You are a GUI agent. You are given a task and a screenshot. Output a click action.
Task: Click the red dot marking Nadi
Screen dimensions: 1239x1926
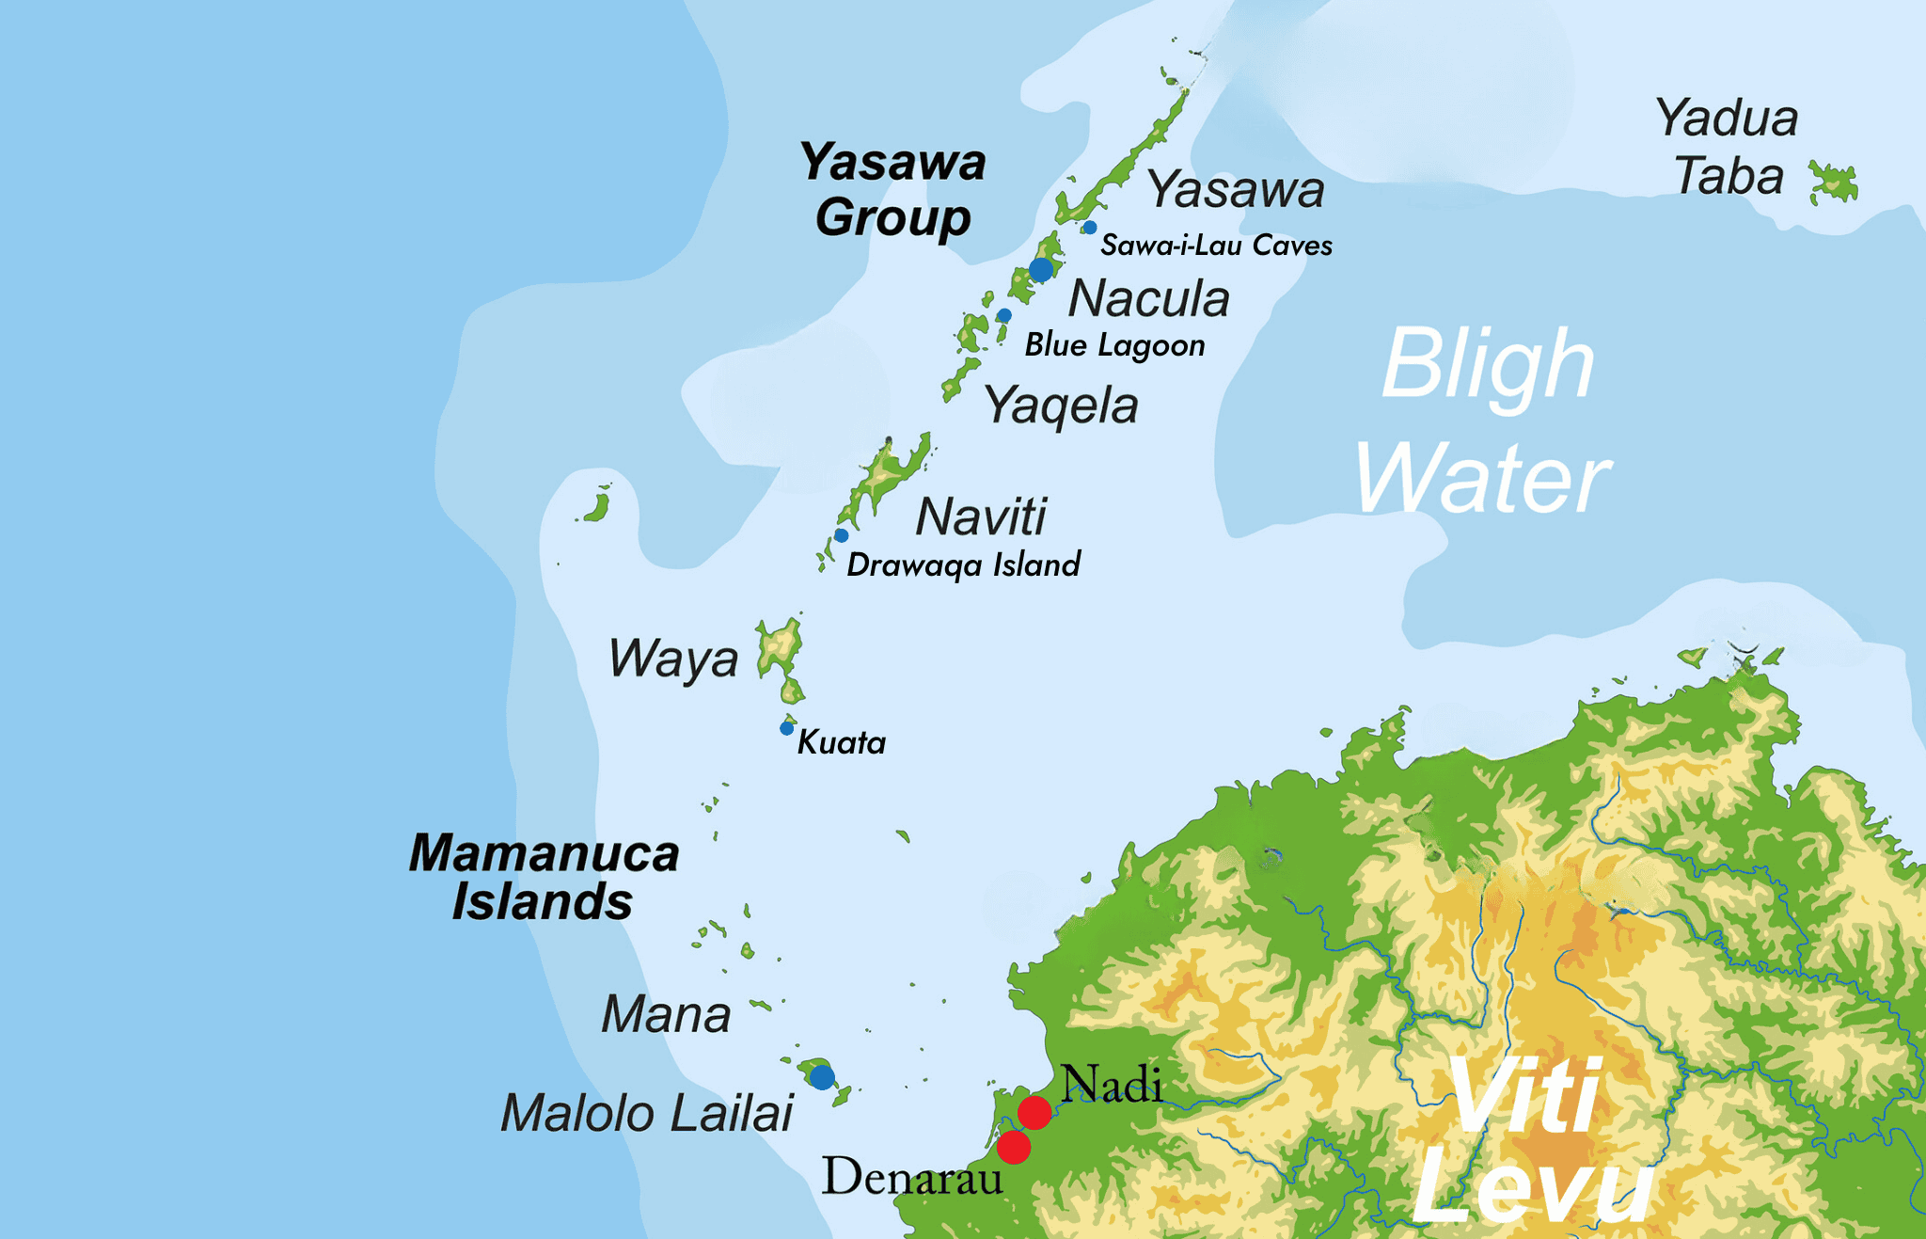(x=1034, y=1113)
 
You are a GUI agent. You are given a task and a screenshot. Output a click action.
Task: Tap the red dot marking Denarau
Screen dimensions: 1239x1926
(x=1013, y=1148)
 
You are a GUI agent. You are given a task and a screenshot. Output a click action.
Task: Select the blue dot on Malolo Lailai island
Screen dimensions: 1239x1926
(x=822, y=1076)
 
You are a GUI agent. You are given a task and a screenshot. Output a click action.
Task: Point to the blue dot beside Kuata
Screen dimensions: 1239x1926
(x=787, y=728)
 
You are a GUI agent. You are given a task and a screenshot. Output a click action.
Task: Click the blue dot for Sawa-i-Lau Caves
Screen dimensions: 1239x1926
(x=1089, y=228)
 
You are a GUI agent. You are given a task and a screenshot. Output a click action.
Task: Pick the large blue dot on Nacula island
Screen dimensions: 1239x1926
(x=1041, y=270)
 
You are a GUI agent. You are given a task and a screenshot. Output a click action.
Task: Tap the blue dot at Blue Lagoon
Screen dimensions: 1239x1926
(x=1004, y=315)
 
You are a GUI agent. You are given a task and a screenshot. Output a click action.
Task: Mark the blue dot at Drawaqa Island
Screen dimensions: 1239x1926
(x=842, y=535)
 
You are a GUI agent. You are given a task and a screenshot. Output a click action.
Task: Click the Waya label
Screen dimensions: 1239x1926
(x=673, y=659)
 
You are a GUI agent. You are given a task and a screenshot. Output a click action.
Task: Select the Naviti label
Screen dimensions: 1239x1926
(x=981, y=516)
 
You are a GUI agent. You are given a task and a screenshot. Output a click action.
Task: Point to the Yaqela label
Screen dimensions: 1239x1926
(x=1061, y=406)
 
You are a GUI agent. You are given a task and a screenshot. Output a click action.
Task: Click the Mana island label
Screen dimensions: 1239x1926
(x=666, y=1014)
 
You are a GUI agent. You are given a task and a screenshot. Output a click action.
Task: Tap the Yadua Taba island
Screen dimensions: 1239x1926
(x=1835, y=183)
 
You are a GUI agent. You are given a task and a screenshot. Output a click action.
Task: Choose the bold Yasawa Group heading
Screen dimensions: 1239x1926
(x=892, y=189)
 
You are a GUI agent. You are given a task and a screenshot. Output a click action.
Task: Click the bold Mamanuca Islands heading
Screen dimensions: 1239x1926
(x=544, y=877)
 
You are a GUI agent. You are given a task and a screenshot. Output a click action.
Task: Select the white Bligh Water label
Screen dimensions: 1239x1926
(x=1486, y=421)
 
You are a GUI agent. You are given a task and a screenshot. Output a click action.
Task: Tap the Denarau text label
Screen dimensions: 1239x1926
(x=912, y=1178)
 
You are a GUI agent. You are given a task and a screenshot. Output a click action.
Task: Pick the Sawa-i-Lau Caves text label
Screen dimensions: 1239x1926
(x=1216, y=246)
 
